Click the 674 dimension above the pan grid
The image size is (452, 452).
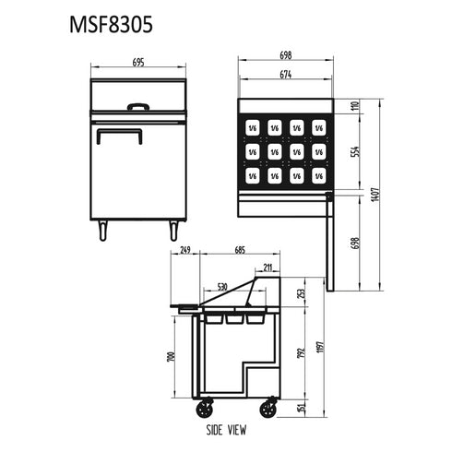pyautogui.click(x=285, y=75)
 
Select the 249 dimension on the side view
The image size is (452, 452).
pyautogui.click(x=186, y=249)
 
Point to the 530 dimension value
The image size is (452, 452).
pyautogui.click(x=222, y=287)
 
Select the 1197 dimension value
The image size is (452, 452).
pyautogui.click(x=320, y=343)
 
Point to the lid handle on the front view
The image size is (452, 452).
pyautogui.click(x=139, y=106)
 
